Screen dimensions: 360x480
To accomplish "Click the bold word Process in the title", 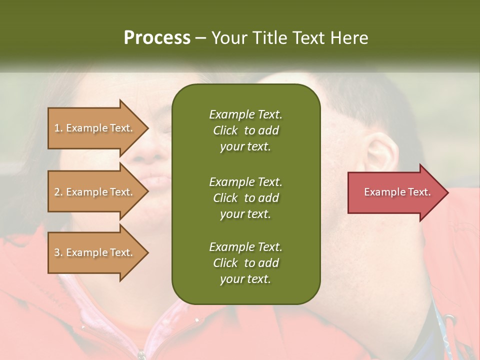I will point(157,38).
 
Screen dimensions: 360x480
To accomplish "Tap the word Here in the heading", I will point(348,38).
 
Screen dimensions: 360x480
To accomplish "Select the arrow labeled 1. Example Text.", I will point(95,128).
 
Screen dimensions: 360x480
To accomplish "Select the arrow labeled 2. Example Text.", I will point(95,192).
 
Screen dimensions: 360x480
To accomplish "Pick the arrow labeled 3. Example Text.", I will point(95,252).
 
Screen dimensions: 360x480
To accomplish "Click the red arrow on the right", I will point(395,192).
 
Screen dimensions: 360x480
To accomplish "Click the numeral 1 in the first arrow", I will point(57,128).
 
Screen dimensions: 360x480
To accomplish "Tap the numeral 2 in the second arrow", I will point(57,192).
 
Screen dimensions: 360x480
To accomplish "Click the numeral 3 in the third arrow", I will point(57,252).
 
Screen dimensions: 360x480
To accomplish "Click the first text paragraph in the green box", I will point(245,130).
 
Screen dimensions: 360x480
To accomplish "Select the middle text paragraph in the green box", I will point(245,197).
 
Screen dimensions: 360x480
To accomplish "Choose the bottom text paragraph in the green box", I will point(245,263).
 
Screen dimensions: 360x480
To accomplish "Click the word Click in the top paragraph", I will point(225,130).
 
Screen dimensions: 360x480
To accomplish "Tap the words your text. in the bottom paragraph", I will point(245,279).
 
